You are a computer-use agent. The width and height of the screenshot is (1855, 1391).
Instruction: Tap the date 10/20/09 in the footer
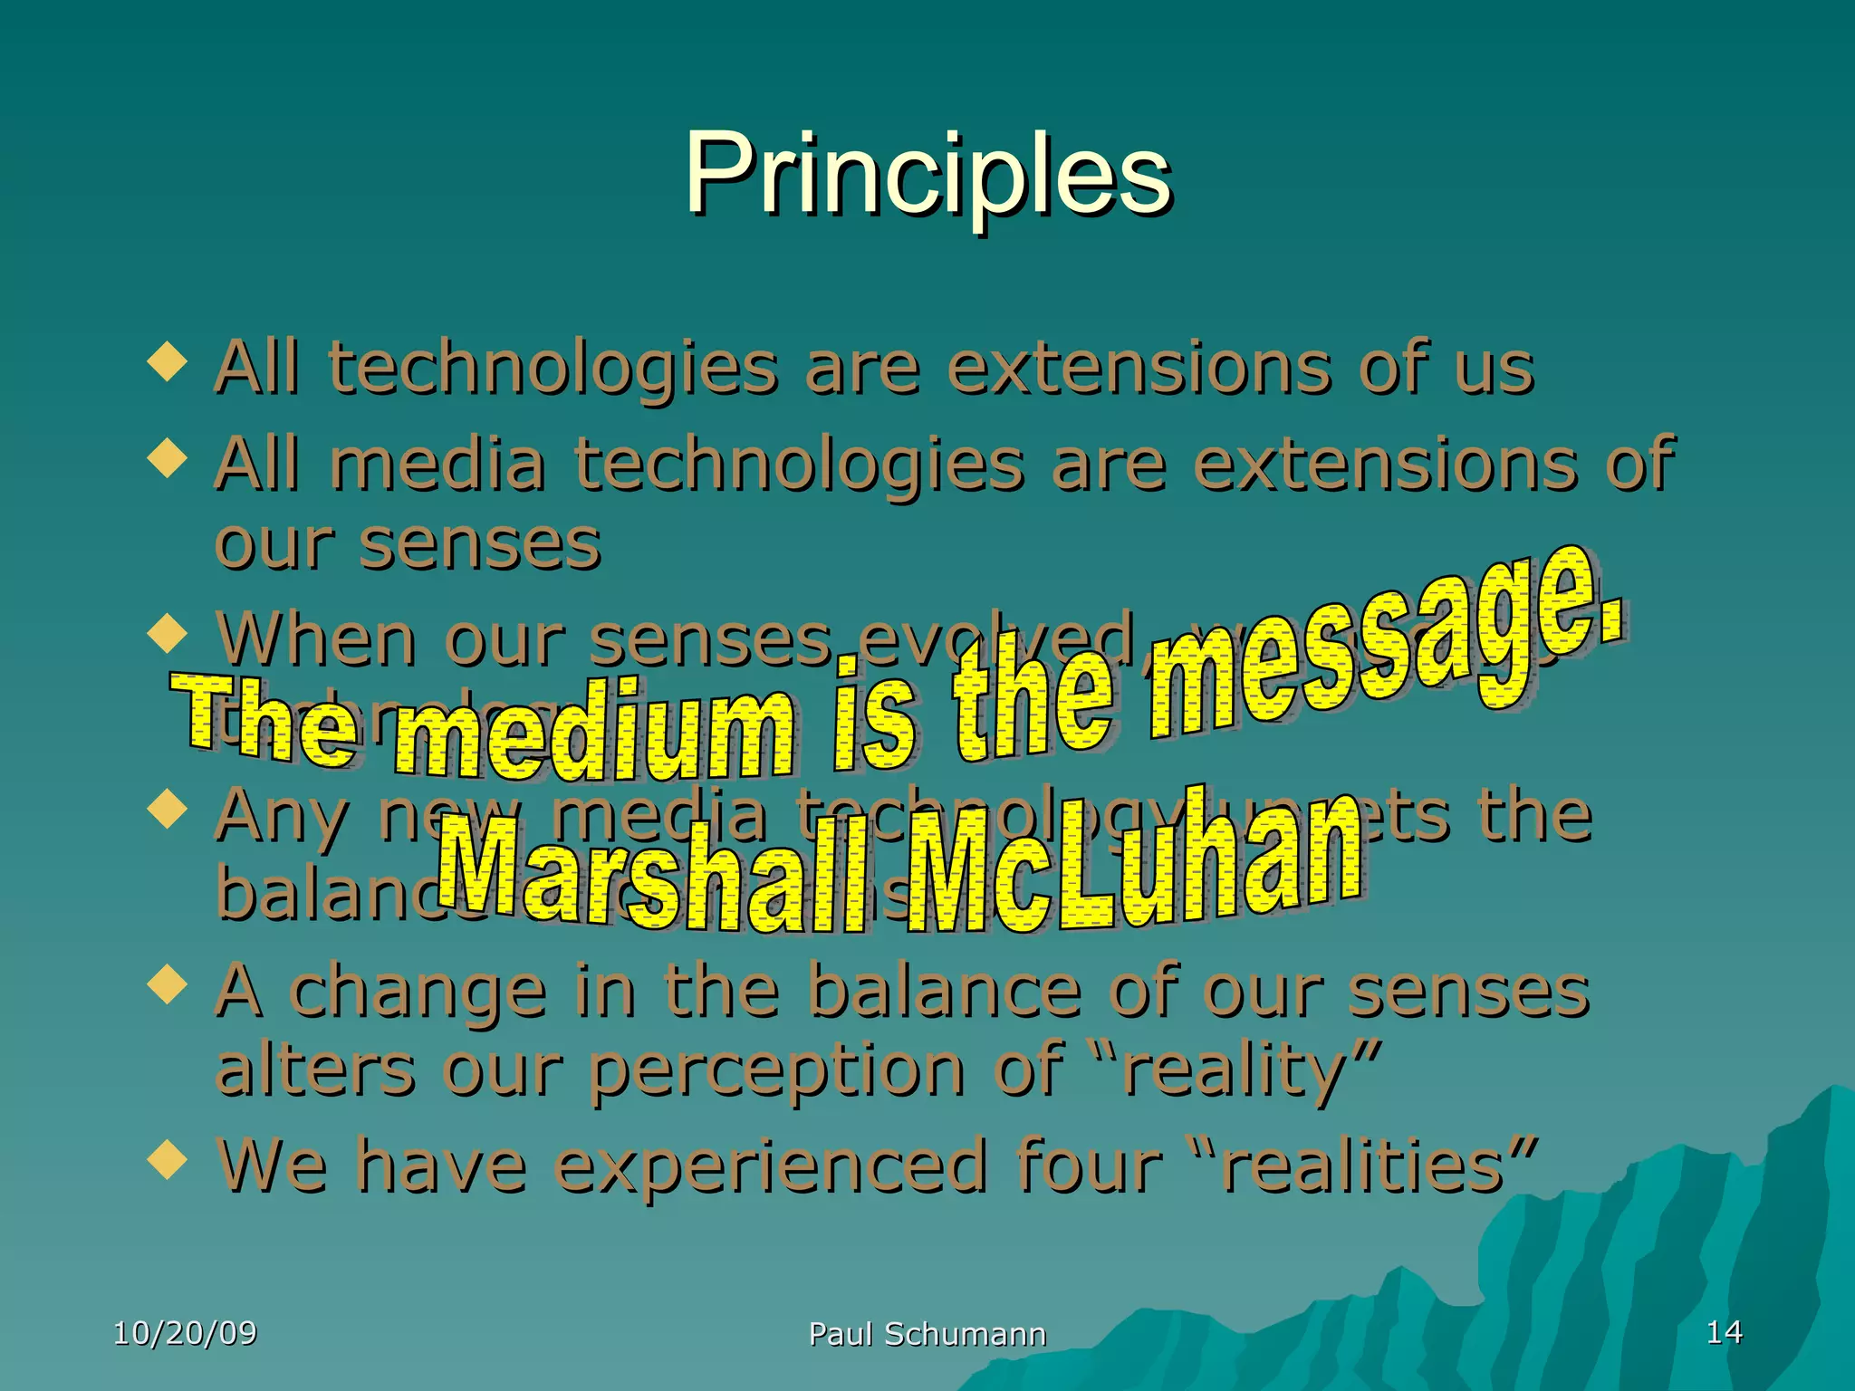185,1333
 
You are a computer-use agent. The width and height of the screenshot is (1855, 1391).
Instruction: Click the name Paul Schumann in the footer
927,1334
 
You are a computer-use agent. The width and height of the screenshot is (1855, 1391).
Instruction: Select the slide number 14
1724,1332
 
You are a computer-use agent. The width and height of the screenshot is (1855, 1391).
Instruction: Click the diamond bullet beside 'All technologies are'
168,362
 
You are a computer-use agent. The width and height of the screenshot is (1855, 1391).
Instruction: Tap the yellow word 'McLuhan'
1132,865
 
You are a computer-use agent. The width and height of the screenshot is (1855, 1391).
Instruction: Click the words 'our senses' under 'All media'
408,545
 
